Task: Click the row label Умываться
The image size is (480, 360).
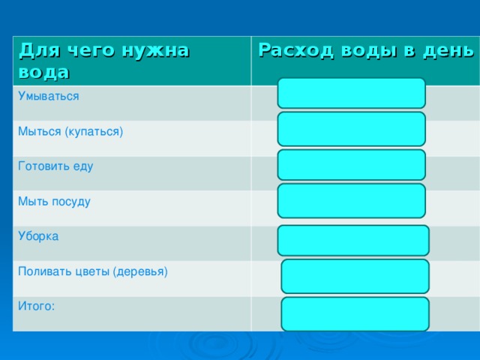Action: coord(49,96)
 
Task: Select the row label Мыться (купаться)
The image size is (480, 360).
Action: coord(70,131)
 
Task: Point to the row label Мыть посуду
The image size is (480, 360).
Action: coord(54,201)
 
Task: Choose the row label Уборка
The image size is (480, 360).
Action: coord(39,236)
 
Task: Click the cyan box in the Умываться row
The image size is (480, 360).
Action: coord(351,93)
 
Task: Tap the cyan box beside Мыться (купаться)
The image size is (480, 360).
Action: coord(351,128)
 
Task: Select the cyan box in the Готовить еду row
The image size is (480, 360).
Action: coord(351,164)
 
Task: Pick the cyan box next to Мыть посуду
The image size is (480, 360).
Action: coord(351,200)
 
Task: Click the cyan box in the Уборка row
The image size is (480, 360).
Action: coord(353,240)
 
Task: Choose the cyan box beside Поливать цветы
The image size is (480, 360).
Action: coord(355,276)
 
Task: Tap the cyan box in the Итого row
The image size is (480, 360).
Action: coord(355,313)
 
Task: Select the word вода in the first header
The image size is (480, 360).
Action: coord(43,72)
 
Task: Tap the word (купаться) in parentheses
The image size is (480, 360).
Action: coord(94,131)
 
